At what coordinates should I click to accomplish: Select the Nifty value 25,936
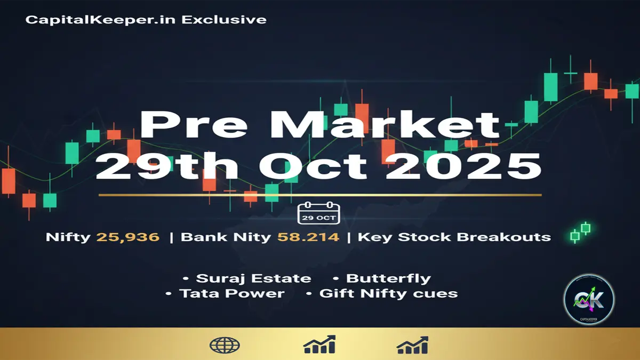128,237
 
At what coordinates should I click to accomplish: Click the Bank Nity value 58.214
308,237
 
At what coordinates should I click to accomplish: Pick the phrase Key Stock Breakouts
454,237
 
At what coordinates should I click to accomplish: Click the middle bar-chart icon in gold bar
319,345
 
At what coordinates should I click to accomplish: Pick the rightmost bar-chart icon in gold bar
412,345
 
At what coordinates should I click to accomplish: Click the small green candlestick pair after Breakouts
580,232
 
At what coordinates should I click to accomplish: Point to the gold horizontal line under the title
320,195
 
